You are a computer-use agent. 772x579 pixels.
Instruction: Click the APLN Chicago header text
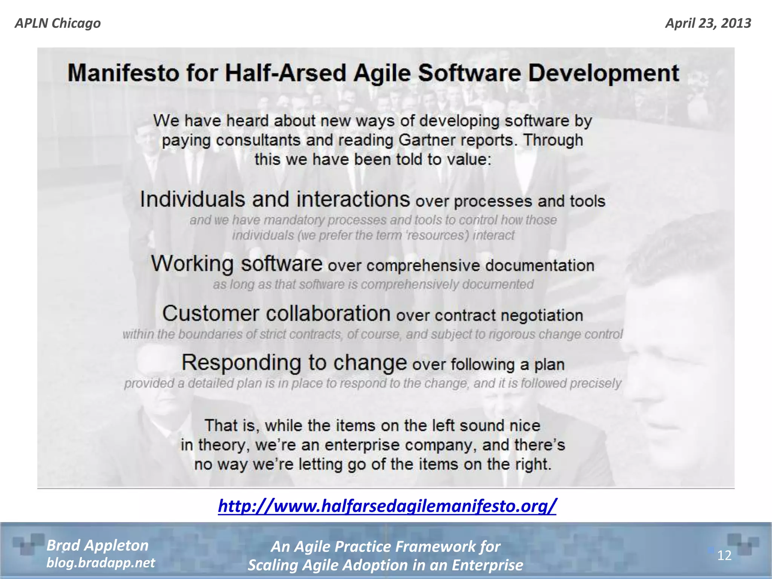point(58,23)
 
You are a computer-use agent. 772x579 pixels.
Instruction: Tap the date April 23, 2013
point(708,23)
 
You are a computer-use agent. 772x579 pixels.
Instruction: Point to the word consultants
point(258,140)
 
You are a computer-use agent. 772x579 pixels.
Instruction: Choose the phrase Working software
point(236,263)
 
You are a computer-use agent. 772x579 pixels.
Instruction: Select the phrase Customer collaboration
point(276,314)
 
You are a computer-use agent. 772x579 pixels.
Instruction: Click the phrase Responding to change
point(294,363)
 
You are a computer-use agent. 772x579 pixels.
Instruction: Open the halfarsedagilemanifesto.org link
point(387,506)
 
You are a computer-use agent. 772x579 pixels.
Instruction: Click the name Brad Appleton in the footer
point(97,545)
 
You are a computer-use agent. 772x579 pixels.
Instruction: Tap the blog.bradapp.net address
point(100,563)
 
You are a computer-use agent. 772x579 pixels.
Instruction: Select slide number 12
point(724,555)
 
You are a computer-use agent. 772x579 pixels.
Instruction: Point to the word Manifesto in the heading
point(123,73)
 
